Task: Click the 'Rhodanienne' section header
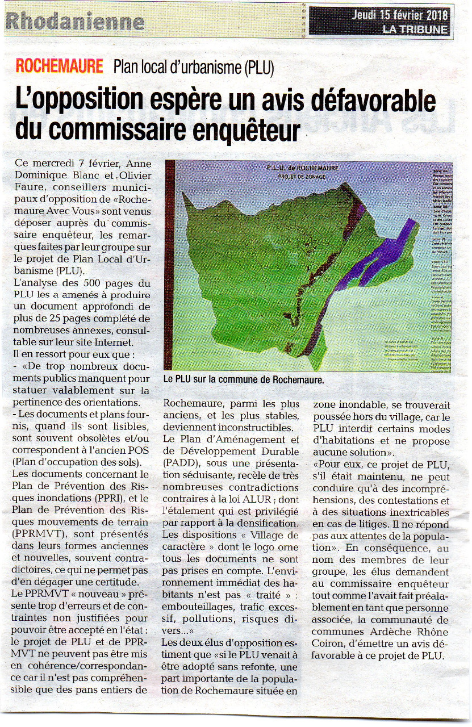[74, 22]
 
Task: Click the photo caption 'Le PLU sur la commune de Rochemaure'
[243, 380]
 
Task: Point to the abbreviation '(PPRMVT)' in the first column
[36, 534]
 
